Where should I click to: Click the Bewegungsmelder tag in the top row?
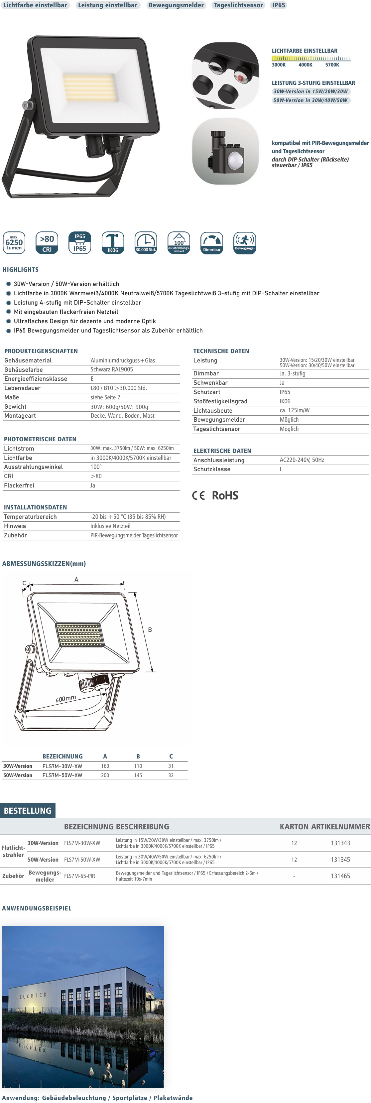(x=176, y=5)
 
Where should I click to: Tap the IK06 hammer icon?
(x=113, y=242)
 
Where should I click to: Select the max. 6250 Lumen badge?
(x=14, y=242)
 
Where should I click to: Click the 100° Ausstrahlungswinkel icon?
(x=179, y=242)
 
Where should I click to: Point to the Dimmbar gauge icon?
(x=212, y=242)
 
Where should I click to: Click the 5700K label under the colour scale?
(x=332, y=65)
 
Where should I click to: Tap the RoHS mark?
(x=225, y=495)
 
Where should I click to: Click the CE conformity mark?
(x=198, y=495)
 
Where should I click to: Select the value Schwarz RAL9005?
(x=112, y=369)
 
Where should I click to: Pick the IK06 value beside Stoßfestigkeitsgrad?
(x=285, y=401)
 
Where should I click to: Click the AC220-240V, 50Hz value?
(x=302, y=460)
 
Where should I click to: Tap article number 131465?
(x=340, y=876)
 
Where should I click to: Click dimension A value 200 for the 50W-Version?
(x=105, y=775)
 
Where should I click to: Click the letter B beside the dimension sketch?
(x=150, y=629)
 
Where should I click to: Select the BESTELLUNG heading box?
(x=27, y=811)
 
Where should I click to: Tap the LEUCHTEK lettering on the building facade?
(x=31, y=996)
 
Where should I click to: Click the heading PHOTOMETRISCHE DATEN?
(x=40, y=439)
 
